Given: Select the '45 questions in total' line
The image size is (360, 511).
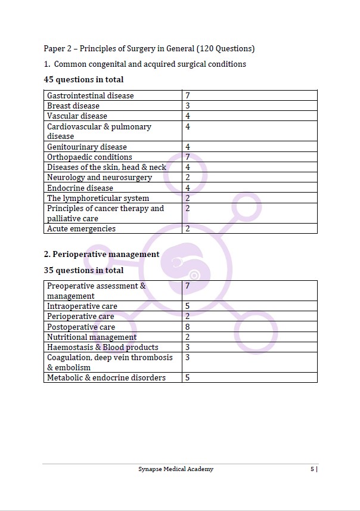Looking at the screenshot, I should coord(84,79).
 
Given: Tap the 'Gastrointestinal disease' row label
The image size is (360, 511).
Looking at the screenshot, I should coord(91,95).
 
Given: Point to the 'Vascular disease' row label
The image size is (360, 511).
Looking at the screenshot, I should coord(77,116).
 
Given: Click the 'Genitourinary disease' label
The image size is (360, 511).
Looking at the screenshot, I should coord(87,147).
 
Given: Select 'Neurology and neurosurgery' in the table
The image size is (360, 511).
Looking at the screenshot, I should coord(100,178).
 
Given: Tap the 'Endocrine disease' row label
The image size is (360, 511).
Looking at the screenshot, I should coord(80,188).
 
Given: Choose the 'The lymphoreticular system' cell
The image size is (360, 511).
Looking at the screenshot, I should coord(98,198).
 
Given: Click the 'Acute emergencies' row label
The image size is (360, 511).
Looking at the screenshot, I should coord(82,228).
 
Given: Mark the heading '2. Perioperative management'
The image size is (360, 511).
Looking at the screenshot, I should coord(102,254).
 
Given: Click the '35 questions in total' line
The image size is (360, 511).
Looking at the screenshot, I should coord(84,270).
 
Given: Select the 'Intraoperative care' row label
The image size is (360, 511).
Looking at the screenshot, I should coord(82,306).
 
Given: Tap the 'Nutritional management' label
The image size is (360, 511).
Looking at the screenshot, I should coord(92,337).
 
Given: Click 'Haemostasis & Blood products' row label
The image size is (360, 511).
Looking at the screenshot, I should coord(103,347).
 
